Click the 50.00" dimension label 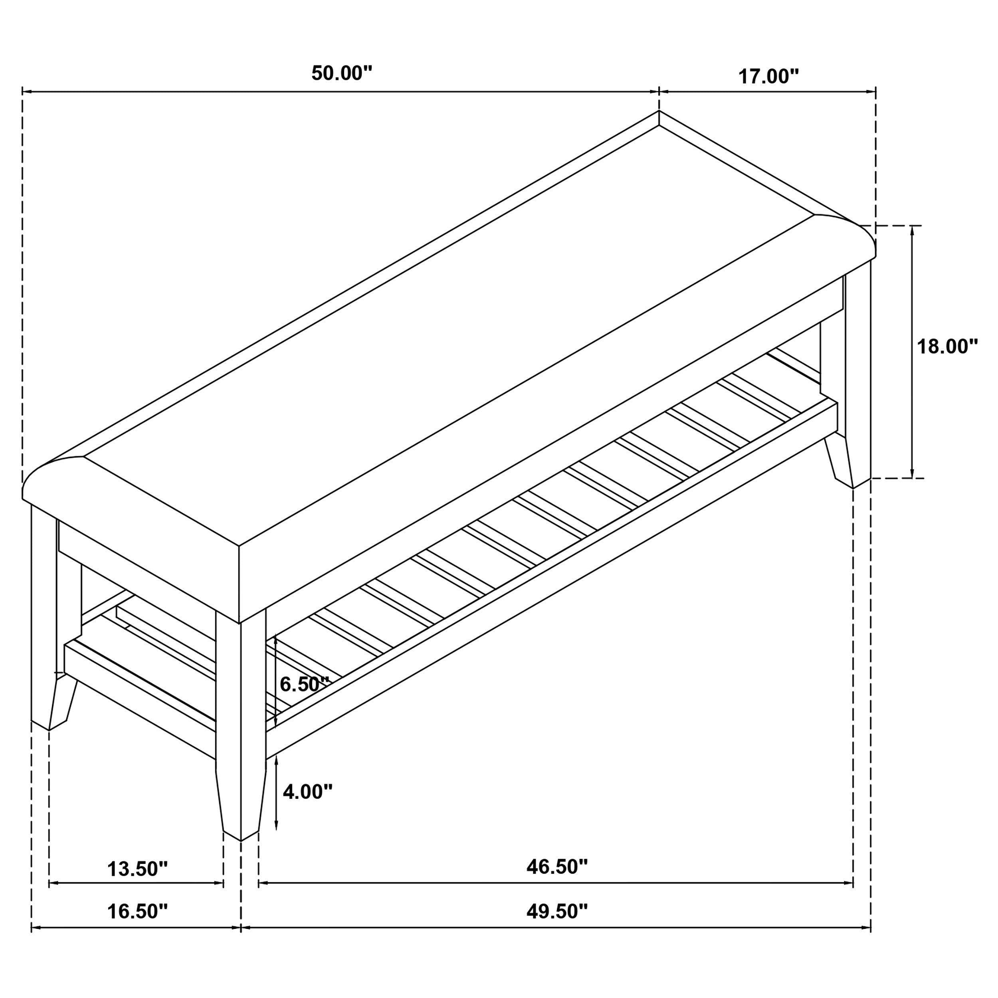[341, 73]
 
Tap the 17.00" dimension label [768, 77]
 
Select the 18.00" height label [947, 347]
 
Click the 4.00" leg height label [307, 791]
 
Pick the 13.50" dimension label [137, 869]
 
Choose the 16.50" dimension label [137, 912]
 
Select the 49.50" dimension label [557, 912]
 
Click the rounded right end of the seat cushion [847, 241]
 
